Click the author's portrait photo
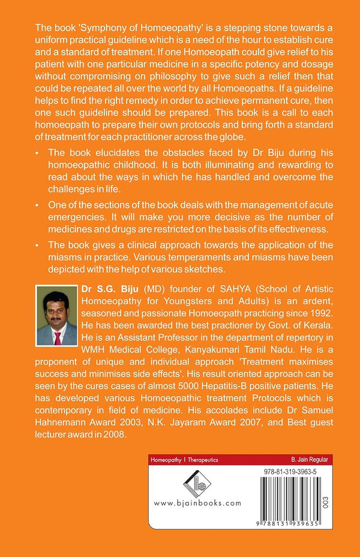click(x=56, y=315)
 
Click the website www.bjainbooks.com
click(x=190, y=503)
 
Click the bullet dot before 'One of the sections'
click(x=39, y=206)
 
